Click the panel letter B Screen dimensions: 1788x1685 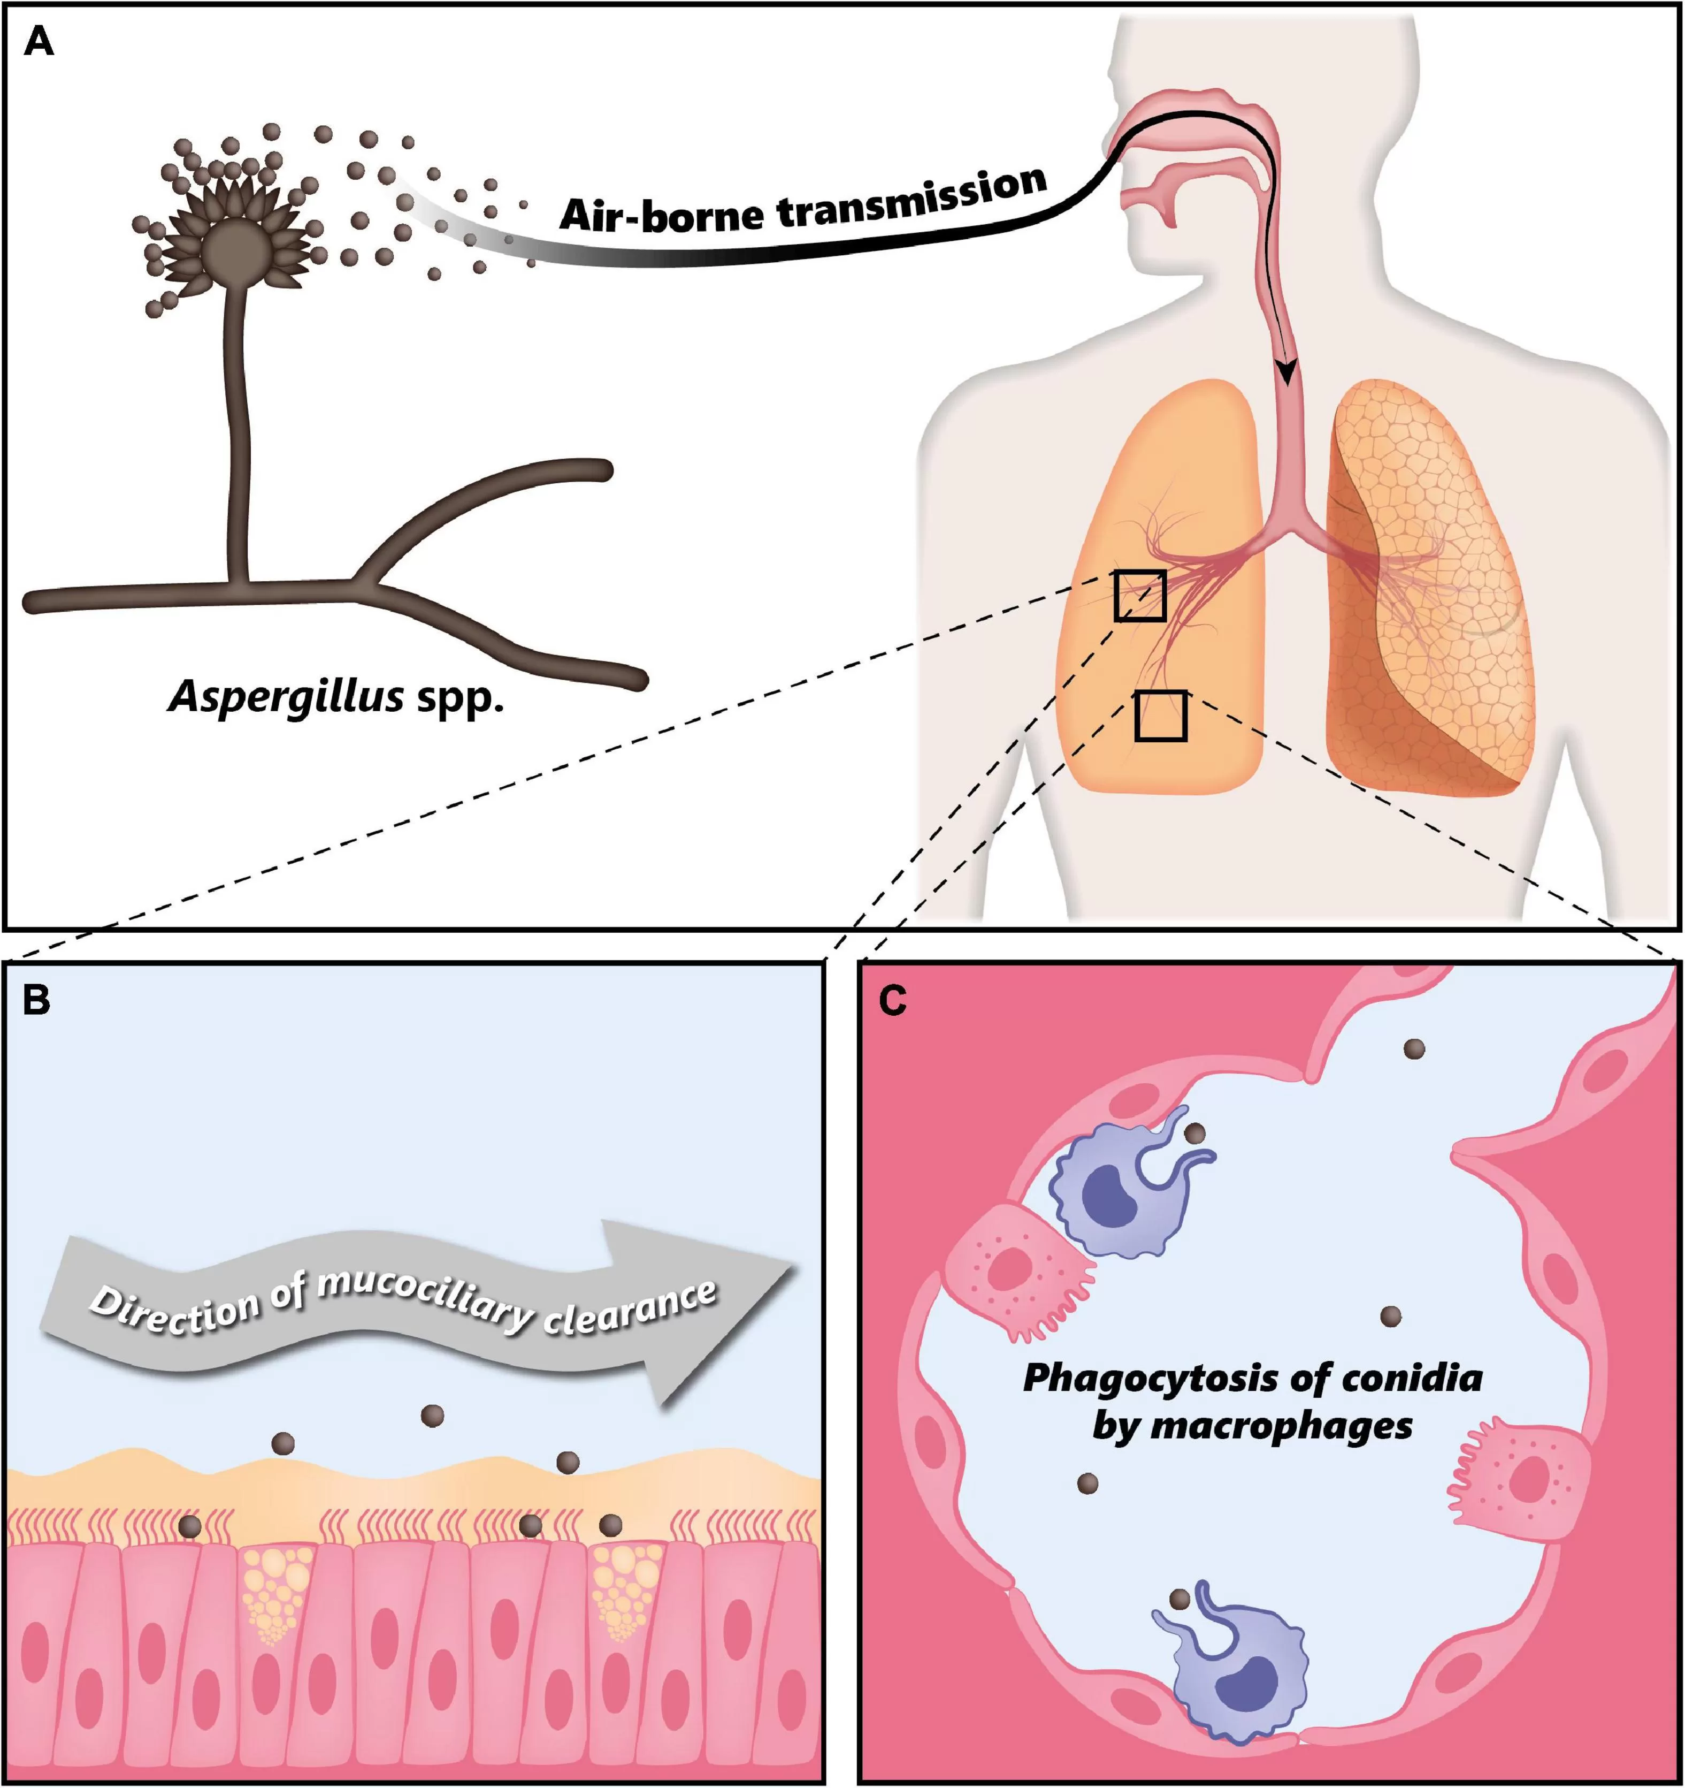click(x=36, y=1000)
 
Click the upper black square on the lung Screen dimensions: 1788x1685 click(x=1140, y=596)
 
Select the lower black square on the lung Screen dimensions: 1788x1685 click(x=1161, y=716)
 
